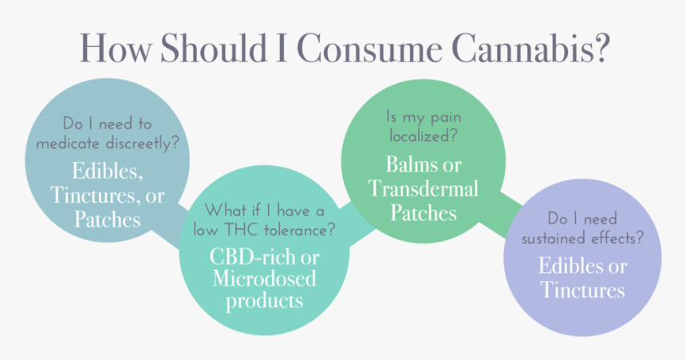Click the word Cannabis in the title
pyautogui.click(x=530, y=48)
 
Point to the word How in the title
pyautogui.click(x=116, y=48)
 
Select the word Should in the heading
pyautogui.click(x=214, y=48)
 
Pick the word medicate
pyautogui.click(x=68, y=143)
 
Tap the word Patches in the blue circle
pyautogui.click(x=108, y=219)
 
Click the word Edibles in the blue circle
pyautogui.click(x=107, y=171)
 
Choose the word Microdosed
pyautogui.click(x=264, y=279)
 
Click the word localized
pyautogui.click(x=423, y=136)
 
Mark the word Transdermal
pyautogui.click(x=423, y=188)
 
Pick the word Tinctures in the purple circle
pyautogui.click(x=582, y=290)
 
